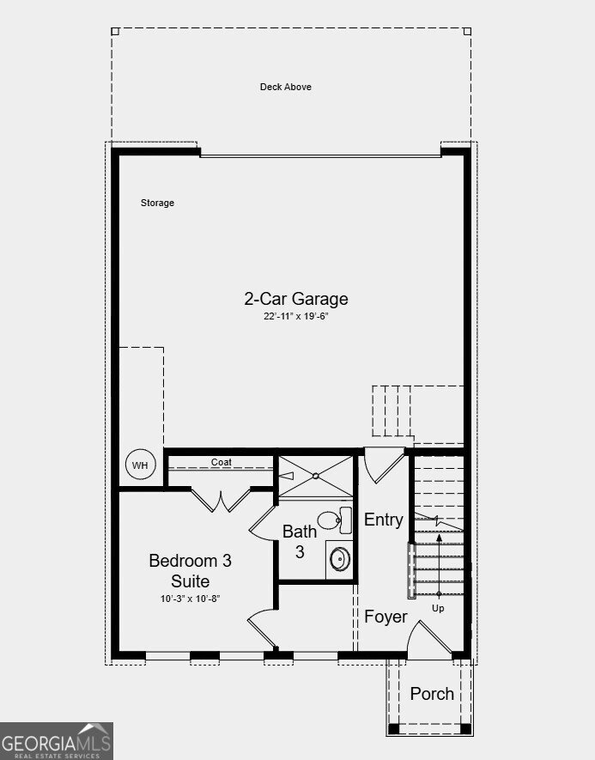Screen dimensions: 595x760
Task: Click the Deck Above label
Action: click(285, 87)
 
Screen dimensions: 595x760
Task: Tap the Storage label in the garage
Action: click(157, 203)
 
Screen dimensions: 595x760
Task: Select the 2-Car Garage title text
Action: click(296, 299)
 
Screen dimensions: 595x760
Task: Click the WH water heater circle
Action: click(141, 465)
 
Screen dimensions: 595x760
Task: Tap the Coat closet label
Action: click(221, 462)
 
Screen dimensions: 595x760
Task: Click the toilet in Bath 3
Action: click(335, 520)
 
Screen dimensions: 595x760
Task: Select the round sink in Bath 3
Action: click(340, 559)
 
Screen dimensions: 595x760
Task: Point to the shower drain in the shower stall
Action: click(316, 476)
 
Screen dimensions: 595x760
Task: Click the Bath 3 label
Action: click(300, 541)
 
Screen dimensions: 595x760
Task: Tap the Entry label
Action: click(383, 520)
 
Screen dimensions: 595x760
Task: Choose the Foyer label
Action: click(386, 617)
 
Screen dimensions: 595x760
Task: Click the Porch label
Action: click(432, 694)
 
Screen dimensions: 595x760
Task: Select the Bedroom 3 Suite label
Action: click(190, 570)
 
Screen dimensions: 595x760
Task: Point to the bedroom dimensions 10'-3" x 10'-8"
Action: click(190, 599)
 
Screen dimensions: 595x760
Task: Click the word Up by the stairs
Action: click(438, 608)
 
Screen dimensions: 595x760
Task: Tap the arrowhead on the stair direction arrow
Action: click(439, 538)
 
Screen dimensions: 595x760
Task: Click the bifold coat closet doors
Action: click(221, 501)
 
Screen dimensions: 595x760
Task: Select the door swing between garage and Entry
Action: click(385, 465)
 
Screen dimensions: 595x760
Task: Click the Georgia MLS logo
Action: click(57, 741)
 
